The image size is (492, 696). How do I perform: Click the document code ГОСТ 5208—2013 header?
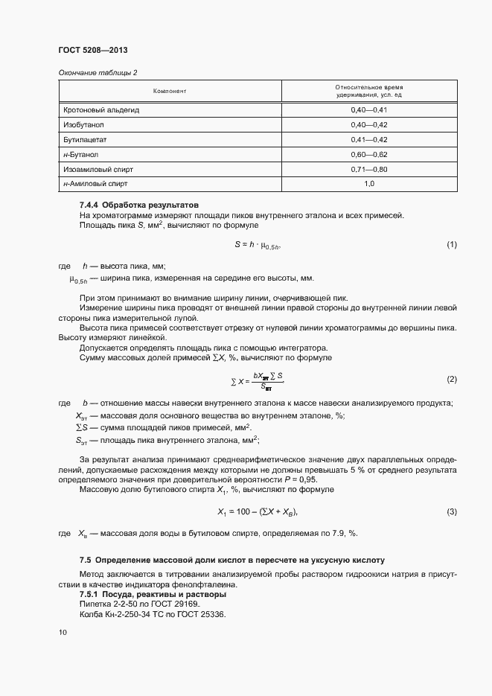click(94, 51)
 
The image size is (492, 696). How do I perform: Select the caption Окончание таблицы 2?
click(98, 71)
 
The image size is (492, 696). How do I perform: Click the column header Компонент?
click(169, 91)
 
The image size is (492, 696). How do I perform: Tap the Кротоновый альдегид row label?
click(102, 110)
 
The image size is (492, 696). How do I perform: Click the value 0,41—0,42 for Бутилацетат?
click(369, 140)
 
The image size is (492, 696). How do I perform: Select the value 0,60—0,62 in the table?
click(369, 155)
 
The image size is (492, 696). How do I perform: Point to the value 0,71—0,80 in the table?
click(369, 170)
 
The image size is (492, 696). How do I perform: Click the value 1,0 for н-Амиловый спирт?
click(369, 183)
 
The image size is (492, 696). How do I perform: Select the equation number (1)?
click(451, 245)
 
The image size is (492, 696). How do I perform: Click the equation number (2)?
click(451, 380)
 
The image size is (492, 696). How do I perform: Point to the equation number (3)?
click(451, 512)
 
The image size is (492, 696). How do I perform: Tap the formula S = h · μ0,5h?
click(258, 245)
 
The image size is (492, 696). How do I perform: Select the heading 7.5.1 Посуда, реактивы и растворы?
click(153, 594)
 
